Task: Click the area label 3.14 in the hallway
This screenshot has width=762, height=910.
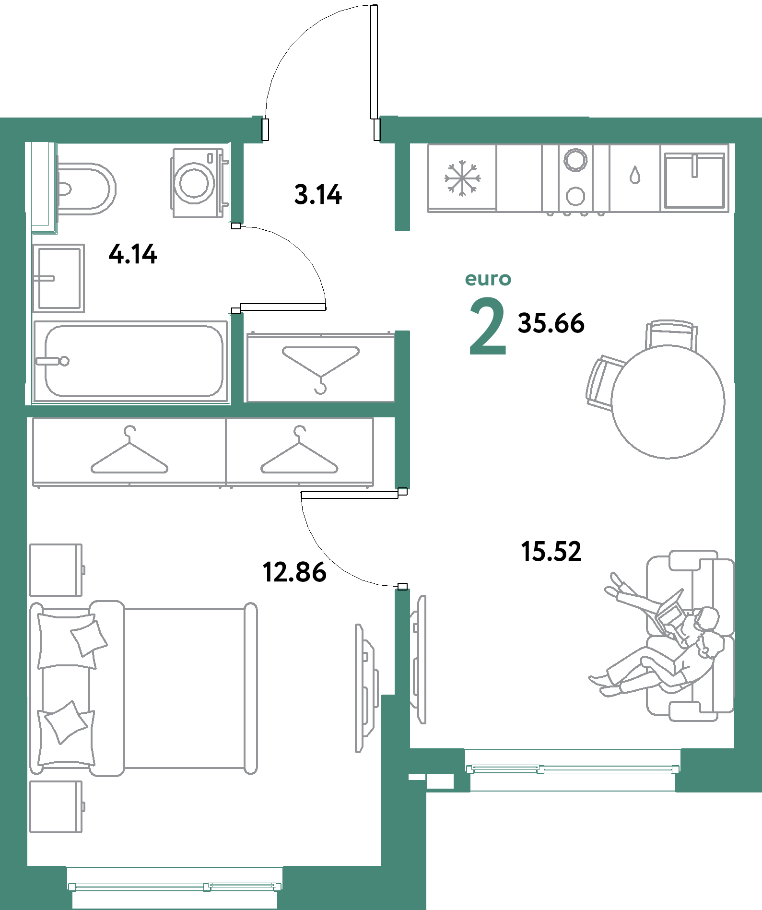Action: (318, 195)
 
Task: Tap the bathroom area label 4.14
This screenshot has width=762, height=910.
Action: (133, 254)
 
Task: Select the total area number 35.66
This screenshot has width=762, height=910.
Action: (551, 323)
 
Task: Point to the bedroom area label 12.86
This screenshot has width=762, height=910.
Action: (294, 572)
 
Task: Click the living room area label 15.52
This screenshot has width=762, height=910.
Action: (551, 551)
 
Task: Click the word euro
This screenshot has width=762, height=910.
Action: (488, 279)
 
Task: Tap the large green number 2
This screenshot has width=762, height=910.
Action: (488, 326)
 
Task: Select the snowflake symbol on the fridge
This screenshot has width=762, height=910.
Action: (462, 178)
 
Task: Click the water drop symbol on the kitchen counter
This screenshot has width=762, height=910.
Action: (635, 175)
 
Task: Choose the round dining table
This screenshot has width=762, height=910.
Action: (668, 402)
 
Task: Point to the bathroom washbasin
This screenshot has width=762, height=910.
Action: (59, 278)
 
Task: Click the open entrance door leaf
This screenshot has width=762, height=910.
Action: (374, 62)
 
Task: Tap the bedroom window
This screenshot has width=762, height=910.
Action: (175, 886)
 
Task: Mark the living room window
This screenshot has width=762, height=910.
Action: (573, 769)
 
